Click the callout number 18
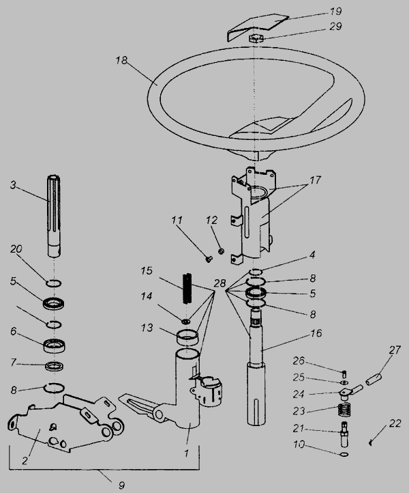click(x=121, y=60)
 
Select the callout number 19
click(x=335, y=12)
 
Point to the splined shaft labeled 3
click(x=54, y=215)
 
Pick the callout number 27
click(x=395, y=350)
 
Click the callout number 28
click(x=219, y=283)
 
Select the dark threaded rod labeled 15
click(x=187, y=288)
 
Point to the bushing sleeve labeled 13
click(x=188, y=338)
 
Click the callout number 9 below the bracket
click(x=122, y=485)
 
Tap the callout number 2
click(x=25, y=460)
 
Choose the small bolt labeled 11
click(x=209, y=259)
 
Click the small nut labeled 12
click(x=221, y=251)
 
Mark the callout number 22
click(x=395, y=423)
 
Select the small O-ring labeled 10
click(x=344, y=454)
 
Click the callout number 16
click(x=317, y=333)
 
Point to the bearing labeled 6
click(x=55, y=346)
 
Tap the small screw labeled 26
click(x=344, y=374)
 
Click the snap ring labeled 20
click(x=54, y=283)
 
